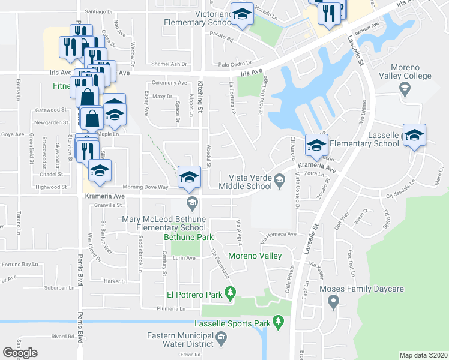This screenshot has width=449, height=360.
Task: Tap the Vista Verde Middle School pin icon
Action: tap(279, 179)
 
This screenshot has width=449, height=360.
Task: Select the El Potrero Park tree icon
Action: tap(229, 293)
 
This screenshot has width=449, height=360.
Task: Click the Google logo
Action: tap(20, 353)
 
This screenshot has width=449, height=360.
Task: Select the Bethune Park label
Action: tap(188, 238)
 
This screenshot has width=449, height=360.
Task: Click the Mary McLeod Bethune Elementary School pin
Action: tap(192, 202)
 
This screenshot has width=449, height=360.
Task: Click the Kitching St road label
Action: tap(201, 97)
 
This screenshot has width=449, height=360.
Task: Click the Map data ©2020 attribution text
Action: tap(423, 355)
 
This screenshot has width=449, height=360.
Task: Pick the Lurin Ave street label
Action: tap(184, 258)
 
